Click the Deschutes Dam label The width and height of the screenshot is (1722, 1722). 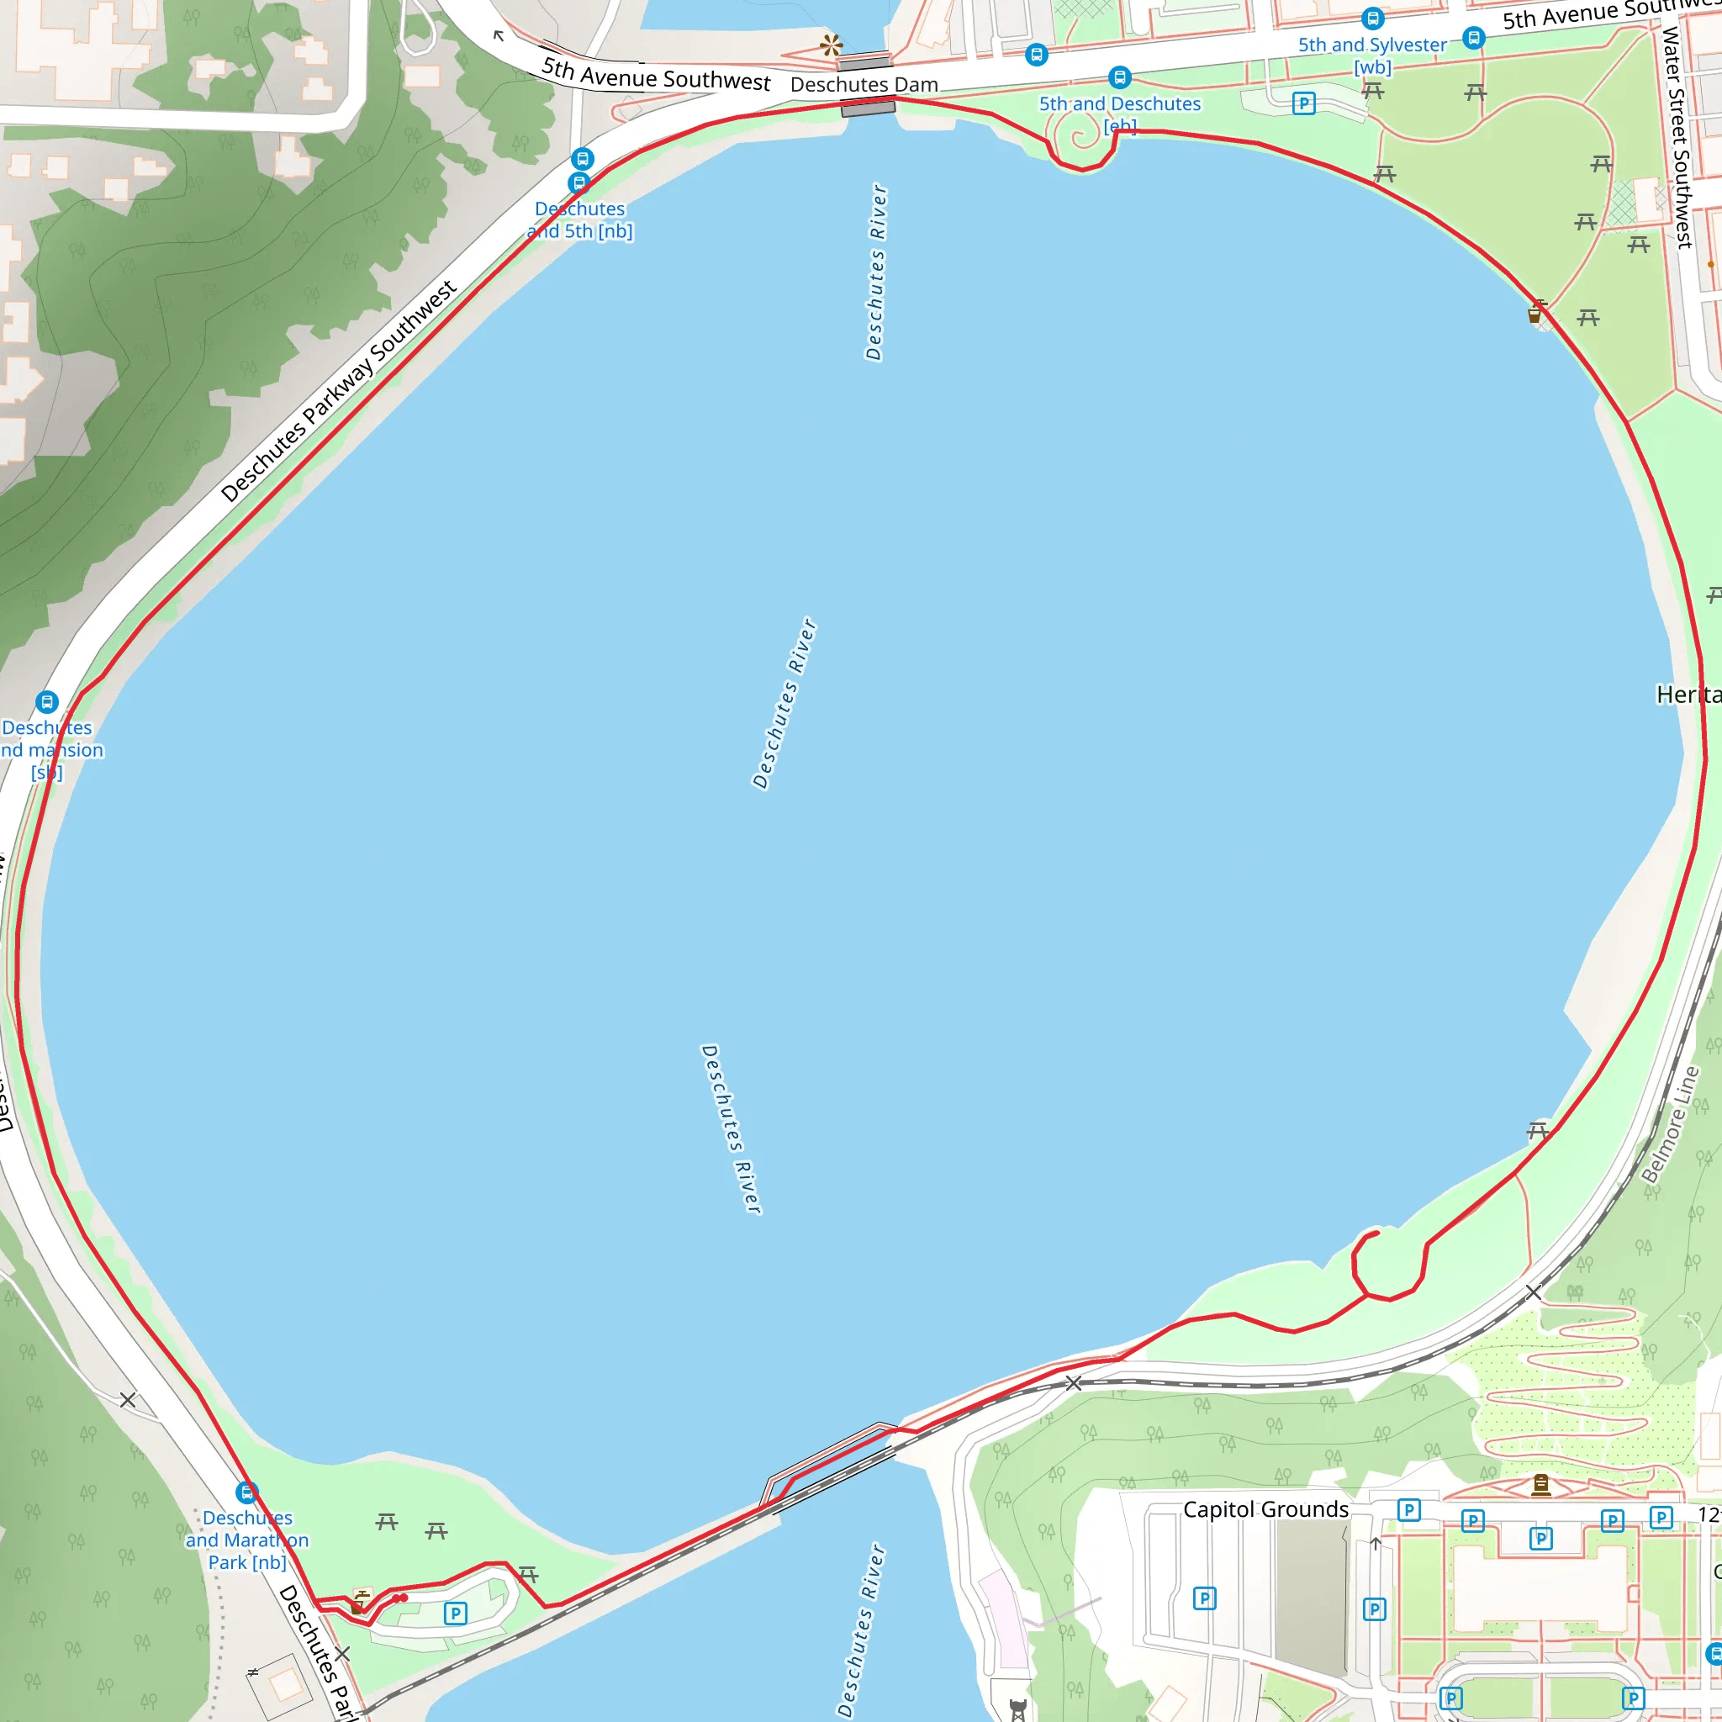[x=864, y=85]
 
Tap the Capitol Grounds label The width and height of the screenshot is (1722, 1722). [x=1265, y=1509]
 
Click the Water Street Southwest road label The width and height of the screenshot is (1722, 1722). [x=1677, y=137]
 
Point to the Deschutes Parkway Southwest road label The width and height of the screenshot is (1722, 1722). [x=338, y=391]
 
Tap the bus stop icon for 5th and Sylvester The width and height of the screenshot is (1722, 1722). [x=1372, y=18]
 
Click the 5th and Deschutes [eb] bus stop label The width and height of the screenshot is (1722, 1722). [x=1119, y=114]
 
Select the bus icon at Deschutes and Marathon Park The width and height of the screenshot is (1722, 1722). [x=247, y=1492]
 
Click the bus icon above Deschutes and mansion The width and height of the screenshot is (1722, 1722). [x=46, y=702]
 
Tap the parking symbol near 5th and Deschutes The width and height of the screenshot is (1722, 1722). [x=1304, y=103]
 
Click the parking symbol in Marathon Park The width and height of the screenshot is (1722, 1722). [x=456, y=1614]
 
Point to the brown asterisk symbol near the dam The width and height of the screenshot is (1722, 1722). [x=831, y=45]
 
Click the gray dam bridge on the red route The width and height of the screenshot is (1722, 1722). [x=868, y=108]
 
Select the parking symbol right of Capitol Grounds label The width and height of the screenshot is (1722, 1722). [x=1408, y=1510]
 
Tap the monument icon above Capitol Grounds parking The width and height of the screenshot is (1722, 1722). [x=1541, y=1485]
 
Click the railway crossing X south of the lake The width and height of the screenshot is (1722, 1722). [x=1074, y=1383]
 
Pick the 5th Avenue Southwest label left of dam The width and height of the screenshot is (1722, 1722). [x=655, y=75]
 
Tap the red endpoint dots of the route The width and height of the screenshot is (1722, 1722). [x=399, y=1598]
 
